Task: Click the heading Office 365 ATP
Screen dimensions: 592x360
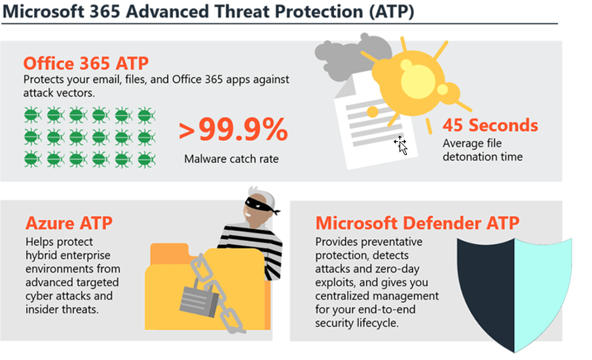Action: pyautogui.click(x=86, y=63)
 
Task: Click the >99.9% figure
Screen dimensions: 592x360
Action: pyautogui.click(x=233, y=130)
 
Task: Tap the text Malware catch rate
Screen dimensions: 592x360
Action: pyautogui.click(x=231, y=159)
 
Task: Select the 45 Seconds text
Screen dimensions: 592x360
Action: pyautogui.click(x=490, y=125)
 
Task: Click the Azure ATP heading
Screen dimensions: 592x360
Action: pyautogui.click(x=69, y=223)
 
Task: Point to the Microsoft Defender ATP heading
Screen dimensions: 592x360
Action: pyautogui.click(x=418, y=223)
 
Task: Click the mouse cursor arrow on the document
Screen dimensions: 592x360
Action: pyautogui.click(x=403, y=148)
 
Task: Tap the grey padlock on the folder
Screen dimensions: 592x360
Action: pyautogui.click(x=199, y=299)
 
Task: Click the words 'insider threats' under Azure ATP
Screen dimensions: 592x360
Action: pyautogui.click(x=62, y=310)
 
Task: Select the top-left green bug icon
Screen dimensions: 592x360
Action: pyautogui.click(x=33, y=115)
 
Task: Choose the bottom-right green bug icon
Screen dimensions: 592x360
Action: pyautogui.click(x=146, y=160)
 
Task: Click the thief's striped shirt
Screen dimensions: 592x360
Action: pyautogui.click(x=252, y=245)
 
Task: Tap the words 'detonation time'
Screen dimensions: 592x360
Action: pyautogui.click(x=483, y=156)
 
